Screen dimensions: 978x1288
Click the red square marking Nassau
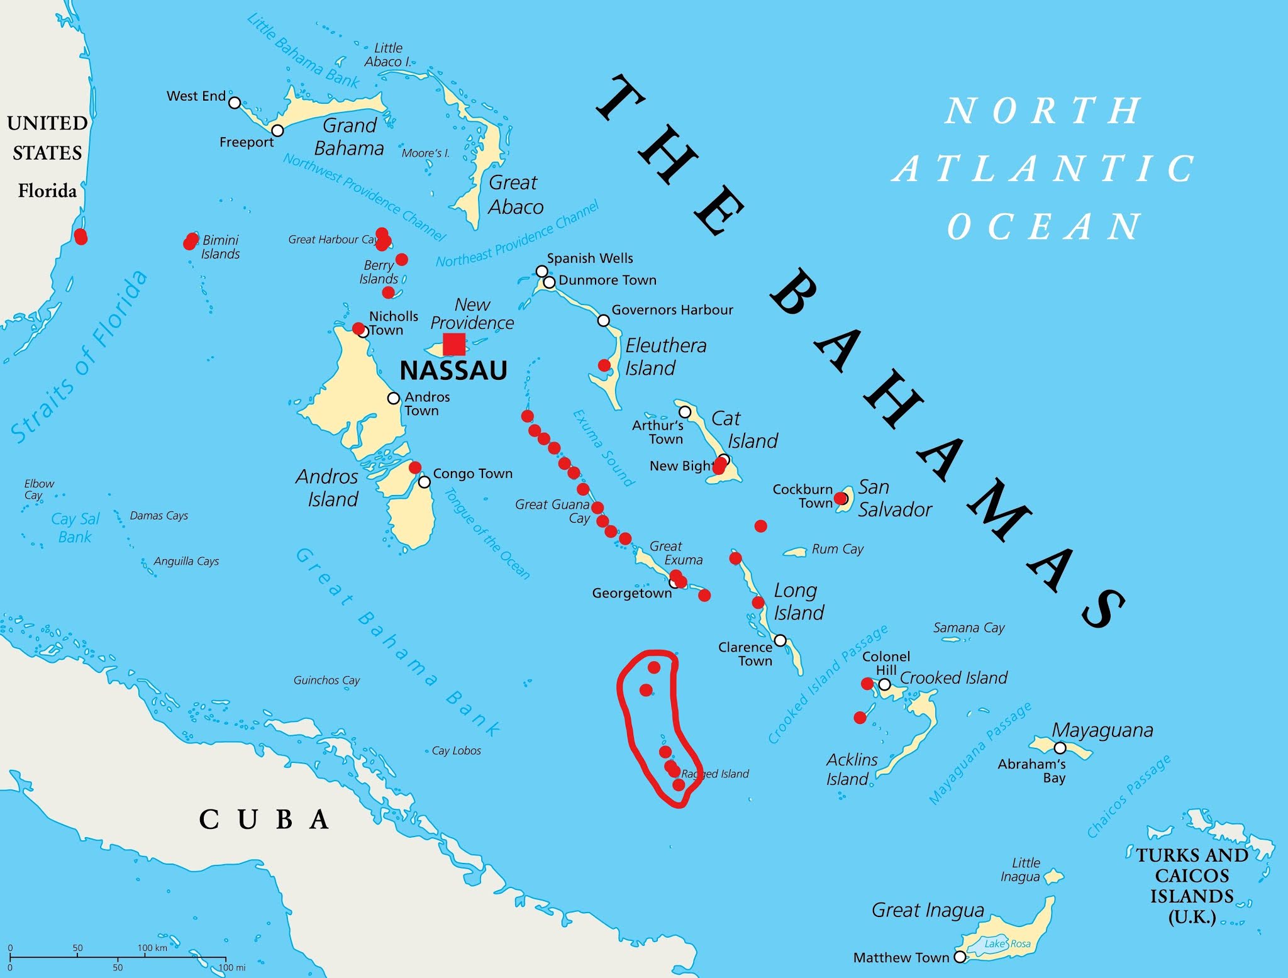pyautogui.click(x=454, y=344)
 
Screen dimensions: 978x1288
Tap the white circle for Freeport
pyautogui.click(x=277, y=130)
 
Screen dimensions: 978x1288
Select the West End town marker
pyautogui.click(x=235, y=103)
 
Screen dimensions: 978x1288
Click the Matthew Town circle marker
pyautogui.click(x=960, y=957)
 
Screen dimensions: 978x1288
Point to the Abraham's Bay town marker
pyautogui.click(x=1060, y=748)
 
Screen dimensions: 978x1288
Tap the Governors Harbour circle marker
pyautogui.click(x=603, y=321)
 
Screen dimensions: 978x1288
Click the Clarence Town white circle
pyautogui.click(x=780, y=640)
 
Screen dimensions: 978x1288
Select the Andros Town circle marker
pyautogui.click(x=394, y=398)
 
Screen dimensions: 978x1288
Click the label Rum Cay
pyautogui.click(x=837, y=549)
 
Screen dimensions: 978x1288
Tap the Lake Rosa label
pyautogui.click(x=1008, y=943)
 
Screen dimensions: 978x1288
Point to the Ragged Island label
pyautogui.click(x=716, y=774)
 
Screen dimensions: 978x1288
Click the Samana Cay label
pyautogui.click(x=969, y=628)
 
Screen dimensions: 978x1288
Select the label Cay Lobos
pyautogui.click(x=457, y=750)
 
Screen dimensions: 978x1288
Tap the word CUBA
pyautogui.click(x=264, y=820)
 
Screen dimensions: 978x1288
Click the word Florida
pyautogui.click(x=47, y=191)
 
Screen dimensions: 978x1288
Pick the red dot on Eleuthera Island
pyautogui.click(x=604, y=365)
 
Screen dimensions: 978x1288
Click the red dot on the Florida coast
pyautogui.click(x=80, y=237)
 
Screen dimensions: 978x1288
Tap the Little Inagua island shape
pyautogui.click(x=1054, y=876)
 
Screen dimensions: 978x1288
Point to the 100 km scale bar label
pyautogui.click(x=152, y=948)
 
